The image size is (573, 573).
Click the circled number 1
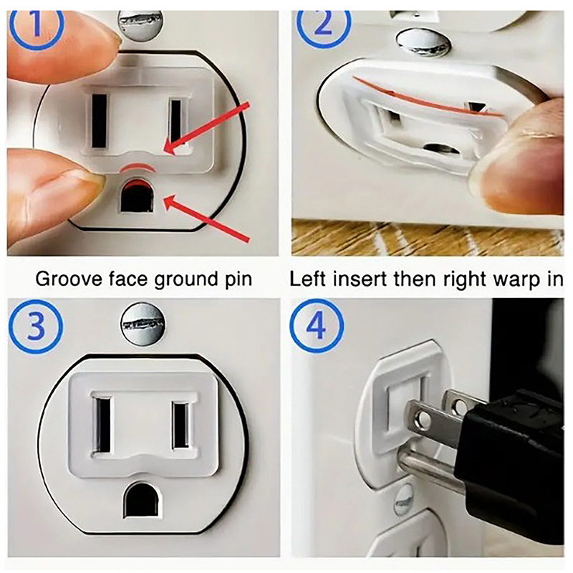tap(35, 26)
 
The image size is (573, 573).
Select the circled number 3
tap(35, 327)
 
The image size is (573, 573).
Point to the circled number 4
tap(317, 326)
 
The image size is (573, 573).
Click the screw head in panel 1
tap(140, 25)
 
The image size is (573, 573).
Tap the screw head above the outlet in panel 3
tap(143, 324)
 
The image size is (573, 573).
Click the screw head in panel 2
tap(423, 43)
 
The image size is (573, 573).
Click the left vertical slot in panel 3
tap(102, 424)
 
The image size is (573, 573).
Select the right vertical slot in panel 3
tap(180, 425)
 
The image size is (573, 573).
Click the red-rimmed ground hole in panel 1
tap(137, 195)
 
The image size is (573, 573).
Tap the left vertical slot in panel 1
tap(100, 121)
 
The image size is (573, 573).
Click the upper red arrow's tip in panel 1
tap(164, 151)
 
